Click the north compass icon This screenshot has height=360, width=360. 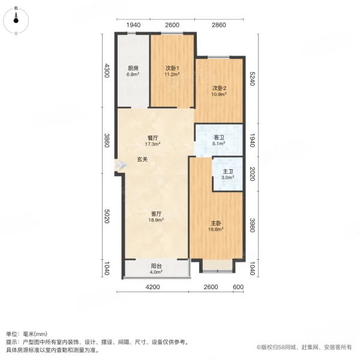point(16,20)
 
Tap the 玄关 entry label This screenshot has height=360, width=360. point(142,160)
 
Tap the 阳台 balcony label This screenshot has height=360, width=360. point(155,268)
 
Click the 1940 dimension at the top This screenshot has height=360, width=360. point(133,25)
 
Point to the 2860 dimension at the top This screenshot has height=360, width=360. point(218,25)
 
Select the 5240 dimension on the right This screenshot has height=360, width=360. point(253,78)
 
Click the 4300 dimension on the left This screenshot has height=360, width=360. point(107,71)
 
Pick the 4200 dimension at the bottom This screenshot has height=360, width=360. point(152,287)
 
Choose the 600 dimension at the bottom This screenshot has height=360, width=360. point(238,287)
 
